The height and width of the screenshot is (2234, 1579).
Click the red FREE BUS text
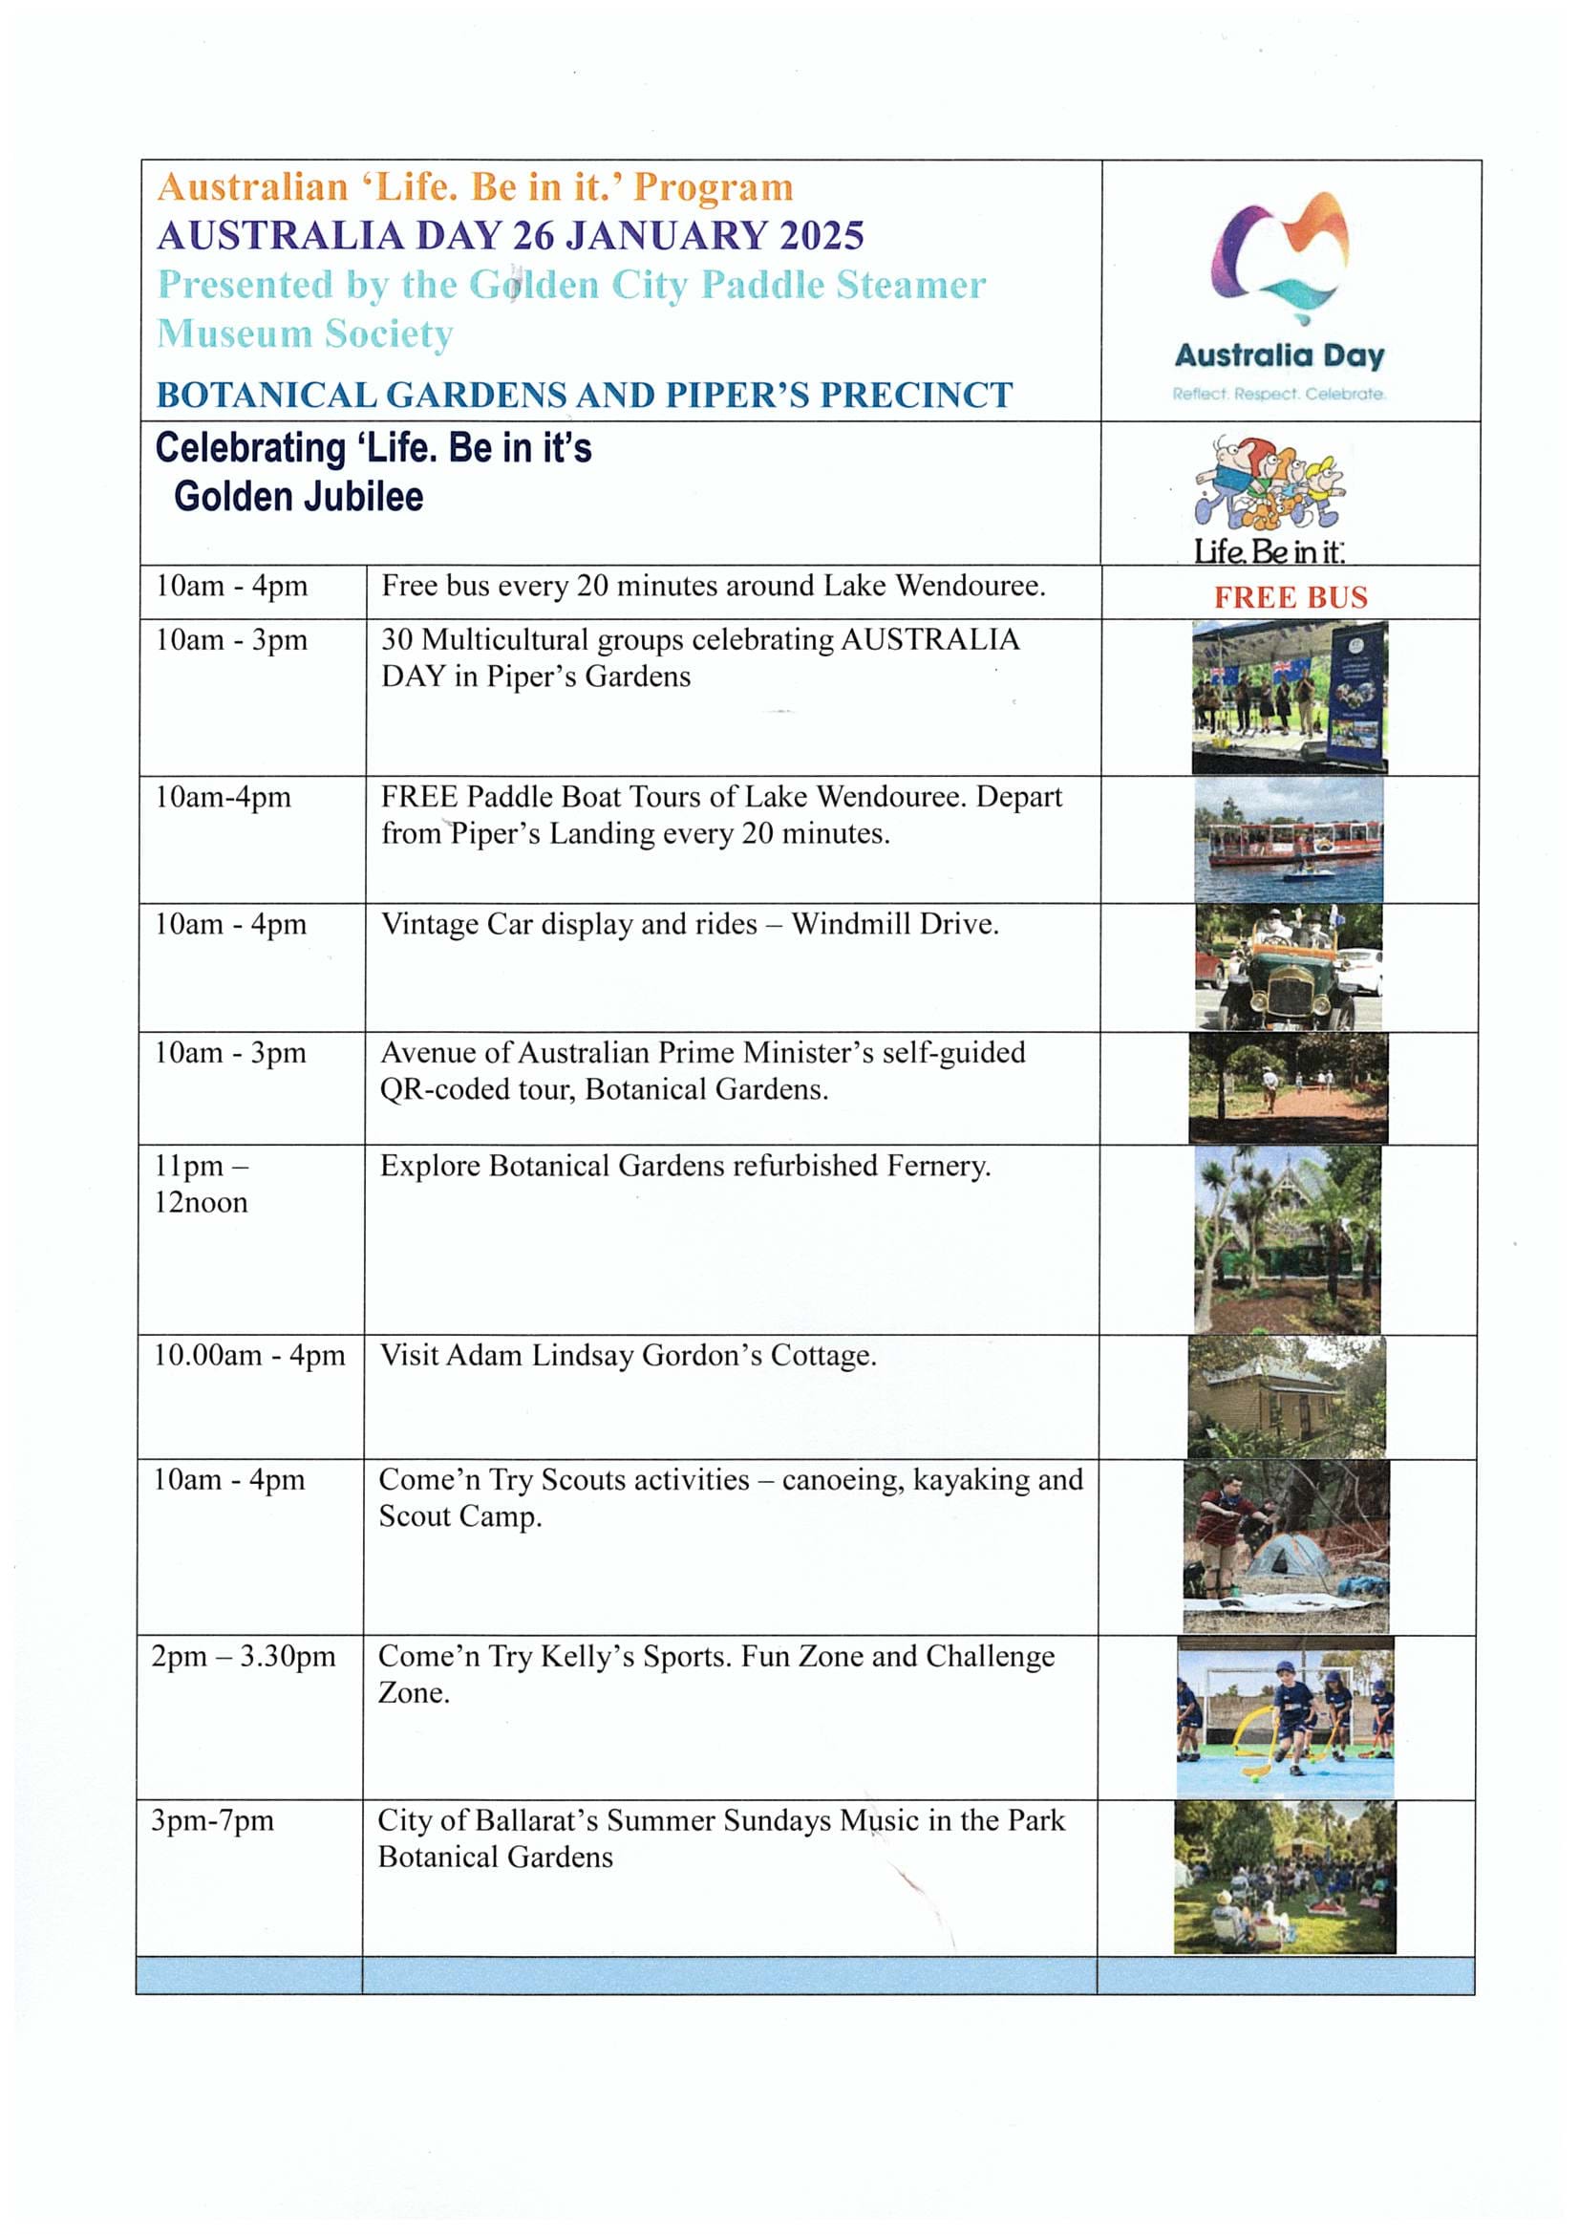[x=1291, y=596]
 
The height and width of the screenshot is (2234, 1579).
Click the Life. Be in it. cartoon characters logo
[x=1269, y=484]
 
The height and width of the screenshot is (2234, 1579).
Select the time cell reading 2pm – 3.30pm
[x=244, y=1656]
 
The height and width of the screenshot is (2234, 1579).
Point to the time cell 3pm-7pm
[x=212, y=1820]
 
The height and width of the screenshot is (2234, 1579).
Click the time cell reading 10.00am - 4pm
[x=249, y=1355]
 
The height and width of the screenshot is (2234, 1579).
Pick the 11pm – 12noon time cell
[x=202, y=1183]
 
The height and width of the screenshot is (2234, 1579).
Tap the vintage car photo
[x=1288, y=967]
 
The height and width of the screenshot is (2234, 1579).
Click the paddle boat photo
[x=1288, y=840]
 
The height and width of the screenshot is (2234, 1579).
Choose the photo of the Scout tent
[x=1285, y=1546]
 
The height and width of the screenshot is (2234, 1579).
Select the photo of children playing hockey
[x=1284, y=1716]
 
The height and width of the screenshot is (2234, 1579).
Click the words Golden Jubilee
[x=299, y=496]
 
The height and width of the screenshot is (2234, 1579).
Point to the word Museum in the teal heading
[x=234, y=333]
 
